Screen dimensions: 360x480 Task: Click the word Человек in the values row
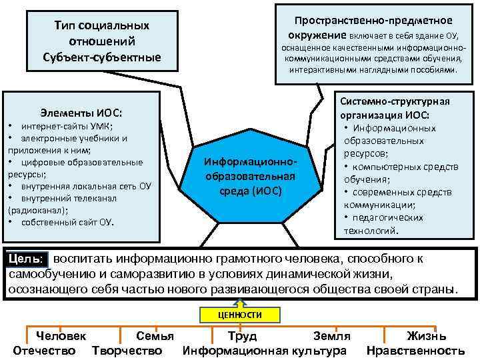61,337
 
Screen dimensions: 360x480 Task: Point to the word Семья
155,337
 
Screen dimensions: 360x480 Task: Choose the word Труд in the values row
242,337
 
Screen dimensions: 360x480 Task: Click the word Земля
332,337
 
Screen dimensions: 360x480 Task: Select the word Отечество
44,351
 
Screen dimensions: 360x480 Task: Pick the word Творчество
127,351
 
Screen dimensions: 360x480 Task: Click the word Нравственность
416,351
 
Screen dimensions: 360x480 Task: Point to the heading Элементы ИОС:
82,113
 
